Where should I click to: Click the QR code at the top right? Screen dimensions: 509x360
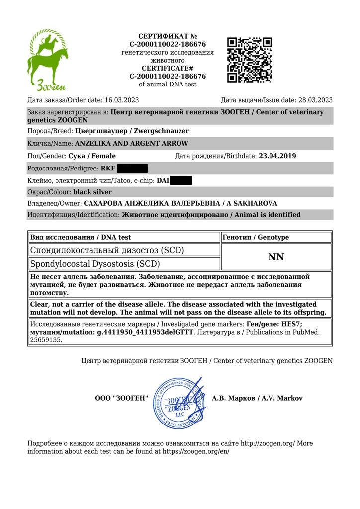click(250, 60)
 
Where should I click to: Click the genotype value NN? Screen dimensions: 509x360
click(276, 256)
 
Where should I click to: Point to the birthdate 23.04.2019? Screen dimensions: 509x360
click(277, 156)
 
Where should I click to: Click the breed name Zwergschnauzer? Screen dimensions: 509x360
click(161, 131)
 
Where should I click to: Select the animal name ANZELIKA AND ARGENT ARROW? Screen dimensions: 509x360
click(131, 144)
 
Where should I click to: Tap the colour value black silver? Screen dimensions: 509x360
click(92, 192)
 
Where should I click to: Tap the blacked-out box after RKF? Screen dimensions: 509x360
click(133, 168)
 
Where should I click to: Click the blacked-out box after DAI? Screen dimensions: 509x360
click(181, 180)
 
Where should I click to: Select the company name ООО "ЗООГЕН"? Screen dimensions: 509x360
click(122, 398)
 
